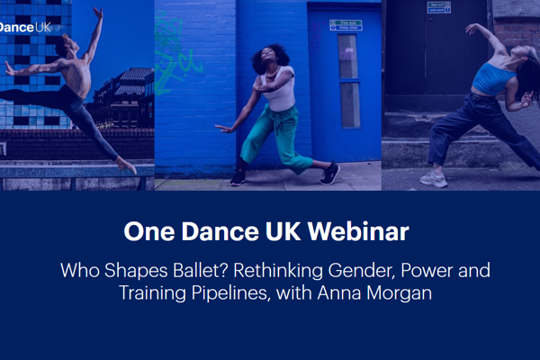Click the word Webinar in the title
359,231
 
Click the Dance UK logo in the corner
24,27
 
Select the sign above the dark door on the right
439,7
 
